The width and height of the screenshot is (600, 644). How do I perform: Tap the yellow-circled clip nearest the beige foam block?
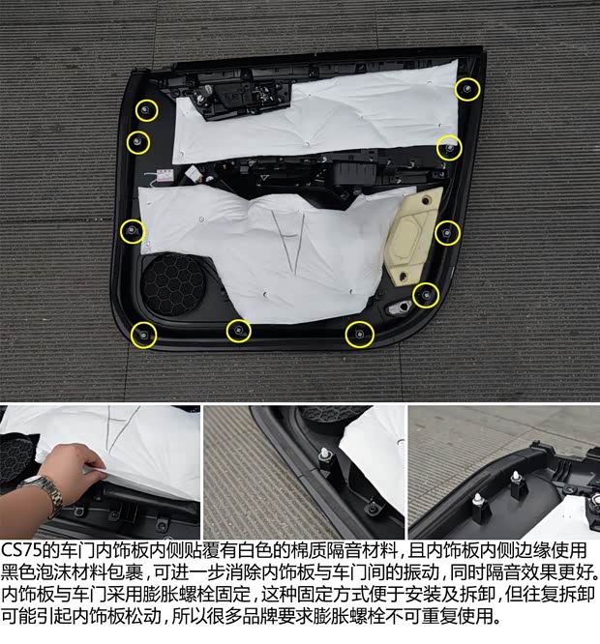(447, 231)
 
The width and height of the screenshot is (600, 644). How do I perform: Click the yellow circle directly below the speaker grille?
(142, 335)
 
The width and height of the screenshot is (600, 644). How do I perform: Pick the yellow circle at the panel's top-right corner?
(467, 90)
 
